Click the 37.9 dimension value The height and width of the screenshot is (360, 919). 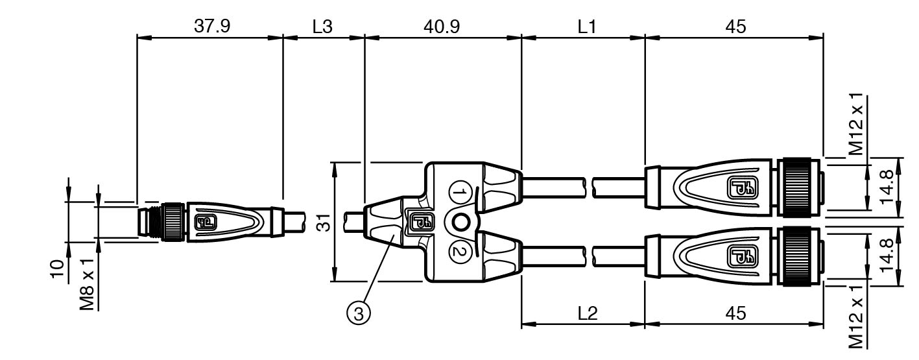point(212,27)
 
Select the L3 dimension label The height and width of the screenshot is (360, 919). point(322,27)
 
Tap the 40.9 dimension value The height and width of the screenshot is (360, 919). point(442,27)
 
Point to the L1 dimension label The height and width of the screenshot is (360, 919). point(587,27)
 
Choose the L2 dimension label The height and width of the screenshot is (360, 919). point(588,313)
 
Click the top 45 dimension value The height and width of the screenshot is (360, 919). point(735,27)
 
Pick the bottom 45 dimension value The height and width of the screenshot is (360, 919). point(735,313)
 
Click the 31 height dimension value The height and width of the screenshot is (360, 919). point(324,222)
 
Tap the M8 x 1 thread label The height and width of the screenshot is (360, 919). point(87,285)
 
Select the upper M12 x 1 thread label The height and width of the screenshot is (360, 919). point(856,125)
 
